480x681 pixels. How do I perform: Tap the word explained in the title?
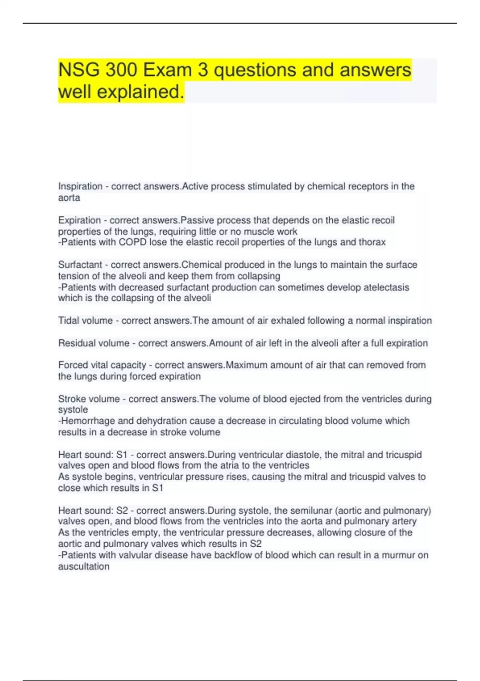pyautogui.click(x=140, y=92)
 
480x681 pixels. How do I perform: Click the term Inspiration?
pyautogui.click(x=80, y=186)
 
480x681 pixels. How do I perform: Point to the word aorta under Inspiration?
pyautogui.click(x=69, y=197)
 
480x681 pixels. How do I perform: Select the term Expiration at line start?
pyautogui.click(x=80, y=220)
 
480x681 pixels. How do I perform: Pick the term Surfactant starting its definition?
pyautogui.click(x=80, y=265)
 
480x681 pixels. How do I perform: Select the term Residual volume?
pyautogui.click(x=94, y=343)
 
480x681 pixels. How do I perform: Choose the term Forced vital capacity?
pyautogui.click(x=102, y=365)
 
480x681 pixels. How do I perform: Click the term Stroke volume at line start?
pyautogui.click(x=89, y=399)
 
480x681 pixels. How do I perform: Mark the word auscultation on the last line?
pyautogui.click(x=84, y=566)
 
